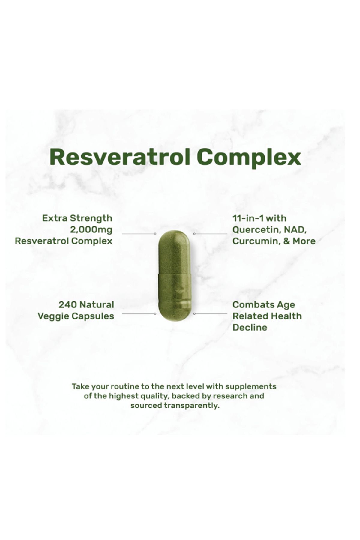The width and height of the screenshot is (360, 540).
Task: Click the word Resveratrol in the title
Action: [x=120, y=157]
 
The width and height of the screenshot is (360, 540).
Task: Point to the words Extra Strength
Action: [x=77, y=218]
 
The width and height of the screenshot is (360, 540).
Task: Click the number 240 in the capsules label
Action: [x=68, y=305]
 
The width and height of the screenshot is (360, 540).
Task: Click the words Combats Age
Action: [x=264, y=305]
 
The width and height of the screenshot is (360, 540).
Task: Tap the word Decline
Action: [x=250, y=328]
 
